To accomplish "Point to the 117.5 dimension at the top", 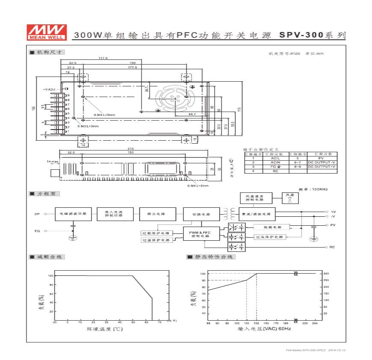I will coord(103,58).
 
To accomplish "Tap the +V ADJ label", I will coord(50,89).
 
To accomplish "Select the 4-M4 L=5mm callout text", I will coord(105,115).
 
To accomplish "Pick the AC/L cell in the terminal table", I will coord(275,158).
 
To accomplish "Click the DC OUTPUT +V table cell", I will coord(322,167).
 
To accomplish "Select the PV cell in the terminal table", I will coord(322,158).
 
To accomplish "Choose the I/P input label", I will coord(37,213).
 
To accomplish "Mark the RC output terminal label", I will coord(332,247).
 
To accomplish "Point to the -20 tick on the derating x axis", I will coord(55,322).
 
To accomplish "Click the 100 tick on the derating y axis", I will coord(50,276).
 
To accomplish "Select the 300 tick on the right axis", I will coord(326,273).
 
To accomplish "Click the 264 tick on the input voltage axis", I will coord(316,324).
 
